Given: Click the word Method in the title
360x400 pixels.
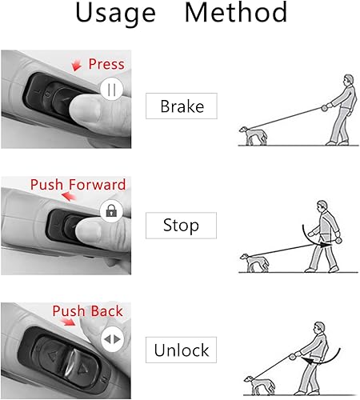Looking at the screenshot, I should coord(236,14).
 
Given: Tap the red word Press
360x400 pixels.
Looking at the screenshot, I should coord(106,64).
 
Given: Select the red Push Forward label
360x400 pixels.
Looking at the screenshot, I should coord(78,185).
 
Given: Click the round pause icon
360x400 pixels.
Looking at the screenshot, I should coord(110,90).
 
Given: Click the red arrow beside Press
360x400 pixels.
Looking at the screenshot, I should coord(77,65).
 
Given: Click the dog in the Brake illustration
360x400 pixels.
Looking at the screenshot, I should coord(255,135).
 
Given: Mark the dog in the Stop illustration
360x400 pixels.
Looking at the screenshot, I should coord(255,262).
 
